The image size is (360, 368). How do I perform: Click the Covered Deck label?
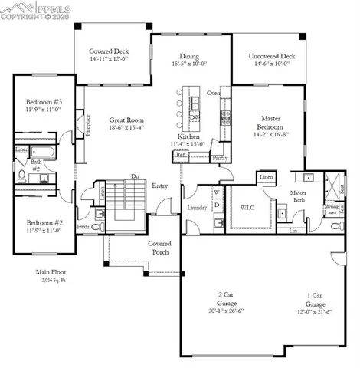113,51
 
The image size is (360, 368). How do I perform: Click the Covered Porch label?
160,247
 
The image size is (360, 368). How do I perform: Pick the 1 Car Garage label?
314,299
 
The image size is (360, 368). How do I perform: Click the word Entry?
160,186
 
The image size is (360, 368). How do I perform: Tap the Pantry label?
220,158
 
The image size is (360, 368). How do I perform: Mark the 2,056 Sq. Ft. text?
52,281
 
